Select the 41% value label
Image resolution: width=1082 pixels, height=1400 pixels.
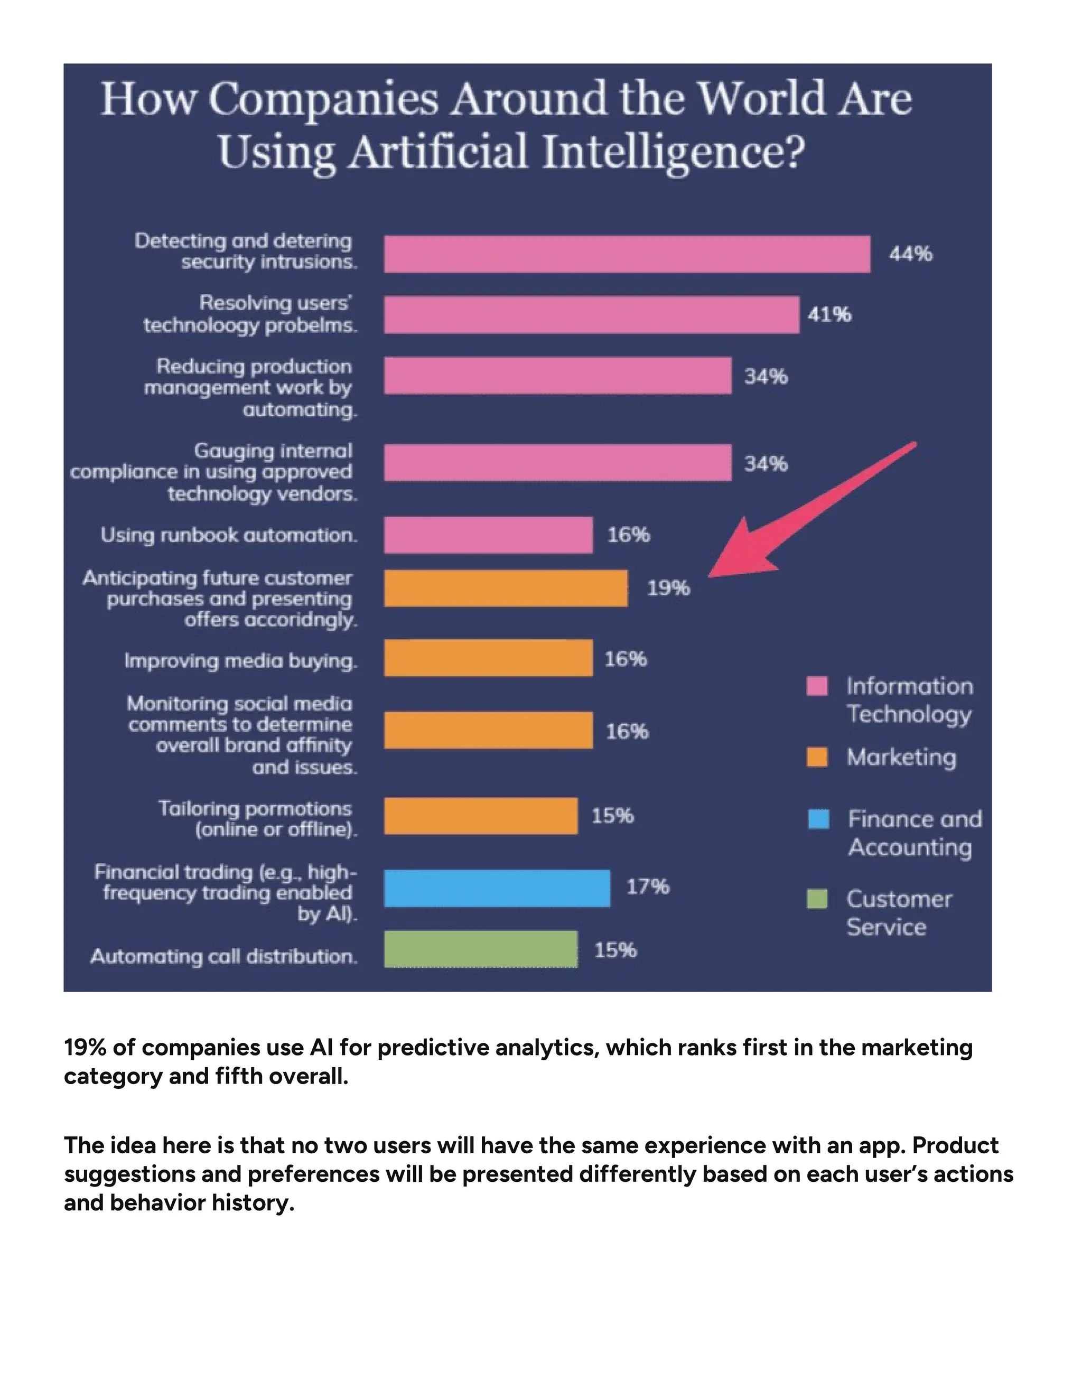point(829,315)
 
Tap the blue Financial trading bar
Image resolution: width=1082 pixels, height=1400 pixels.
point(497,888)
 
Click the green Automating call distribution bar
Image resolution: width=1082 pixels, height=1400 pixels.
point(480,949)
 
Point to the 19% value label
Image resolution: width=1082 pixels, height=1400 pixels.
point(668,588)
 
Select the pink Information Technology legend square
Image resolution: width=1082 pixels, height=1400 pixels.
point(817,686)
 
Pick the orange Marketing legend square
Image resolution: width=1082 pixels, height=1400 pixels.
point(817,757)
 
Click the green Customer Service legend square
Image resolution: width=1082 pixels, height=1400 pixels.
point(817,899)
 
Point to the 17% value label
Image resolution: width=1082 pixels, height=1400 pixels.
point(647,886)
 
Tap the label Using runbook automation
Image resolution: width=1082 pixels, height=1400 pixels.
point(228,535)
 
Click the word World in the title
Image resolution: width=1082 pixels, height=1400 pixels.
point(760,99)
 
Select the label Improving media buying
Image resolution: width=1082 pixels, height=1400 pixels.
point(240,660)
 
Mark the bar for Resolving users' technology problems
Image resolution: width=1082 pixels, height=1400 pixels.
point(591,315)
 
